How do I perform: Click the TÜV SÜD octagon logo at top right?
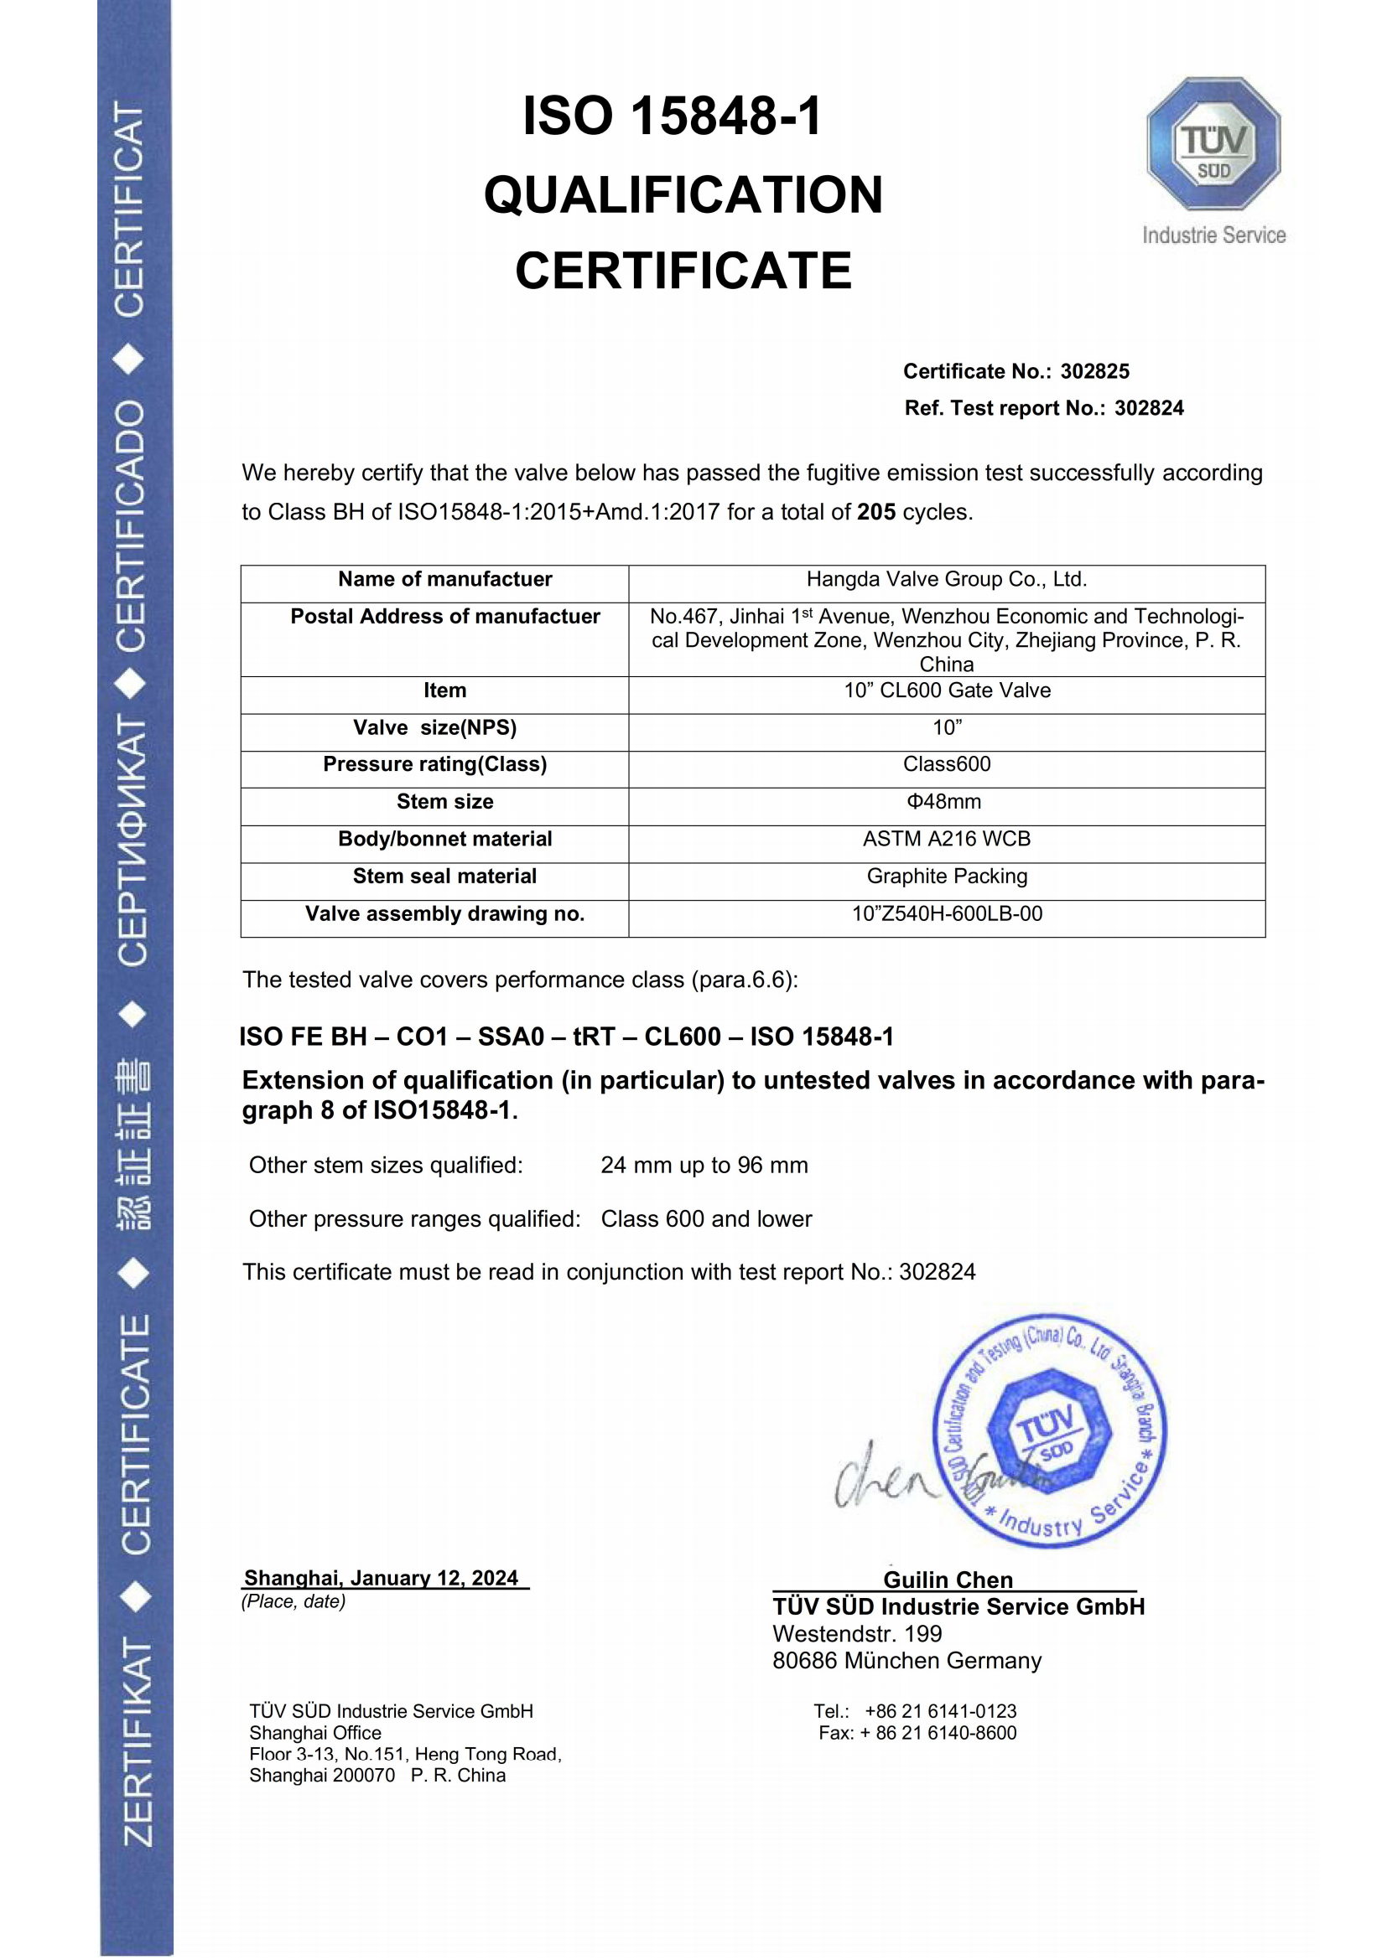pos(1213,143)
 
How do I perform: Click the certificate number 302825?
pos(1094,371)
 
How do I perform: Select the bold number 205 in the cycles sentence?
pos(876,512)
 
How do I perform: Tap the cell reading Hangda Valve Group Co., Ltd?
pos(946,580)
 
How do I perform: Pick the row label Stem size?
pos(444,802)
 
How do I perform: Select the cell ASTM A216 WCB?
pos(946,839)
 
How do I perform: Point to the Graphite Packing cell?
pos(946,876)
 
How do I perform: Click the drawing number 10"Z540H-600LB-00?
pos(946,913)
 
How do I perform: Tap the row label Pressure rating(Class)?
pos(434,764)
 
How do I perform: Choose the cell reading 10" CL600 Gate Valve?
pos(946,690)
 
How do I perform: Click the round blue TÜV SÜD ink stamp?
pos(1050,1430)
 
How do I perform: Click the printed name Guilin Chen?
pos(948,1580)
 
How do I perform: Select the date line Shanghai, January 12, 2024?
pos(381,1578)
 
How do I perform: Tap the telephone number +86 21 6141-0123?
pos(940,1711)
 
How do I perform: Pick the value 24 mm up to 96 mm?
pos(704,1166)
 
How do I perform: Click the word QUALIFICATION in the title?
pos(683,194)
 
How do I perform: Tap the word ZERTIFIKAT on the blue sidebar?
pos(137,1741)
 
